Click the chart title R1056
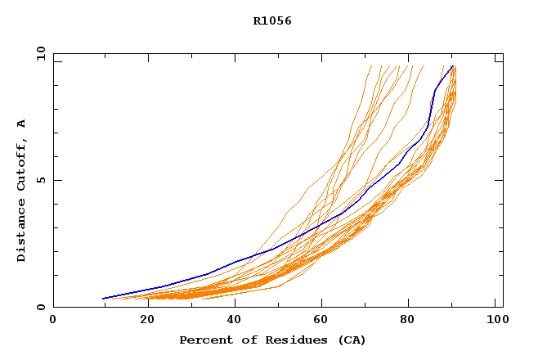coord(272,20)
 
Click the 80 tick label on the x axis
coord(407,320)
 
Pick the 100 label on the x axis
coord(495,320)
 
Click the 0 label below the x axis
coord(53,320)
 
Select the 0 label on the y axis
coord(40,307)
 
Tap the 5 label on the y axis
coord(40,180)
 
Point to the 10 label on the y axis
coord(40,53)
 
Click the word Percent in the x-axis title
coord(202,340)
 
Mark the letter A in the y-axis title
coord(21,124)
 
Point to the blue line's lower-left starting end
coord(103,299)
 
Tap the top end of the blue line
coord(452,66)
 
